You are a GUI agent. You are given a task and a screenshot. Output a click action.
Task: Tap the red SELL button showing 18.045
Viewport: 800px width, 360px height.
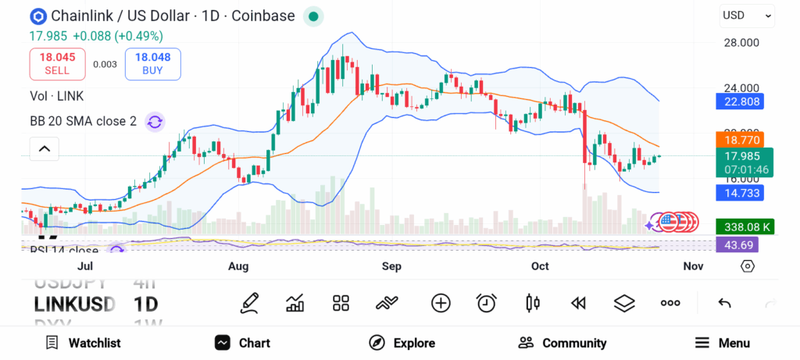pyautogui.click(x=57, y=63)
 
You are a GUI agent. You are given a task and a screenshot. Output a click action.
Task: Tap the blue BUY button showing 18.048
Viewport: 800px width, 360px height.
pyautogui.click(x=152, y=63)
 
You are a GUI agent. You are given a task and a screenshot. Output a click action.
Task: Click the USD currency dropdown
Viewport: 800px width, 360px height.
pyautogui.click(x=747, y=15)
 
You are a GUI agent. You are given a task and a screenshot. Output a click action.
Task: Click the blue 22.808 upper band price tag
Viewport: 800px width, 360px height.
pyautogui.click(x=739, y=101)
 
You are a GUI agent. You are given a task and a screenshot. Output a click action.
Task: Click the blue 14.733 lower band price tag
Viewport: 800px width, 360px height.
pyautogui.click(x=739, y=193)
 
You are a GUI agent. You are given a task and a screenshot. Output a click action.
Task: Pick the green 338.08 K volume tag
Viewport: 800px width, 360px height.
pyautogui.click(x=745, y=227)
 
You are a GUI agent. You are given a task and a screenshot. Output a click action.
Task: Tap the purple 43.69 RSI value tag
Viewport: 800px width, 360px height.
pyautogui.click(x=737, y=245)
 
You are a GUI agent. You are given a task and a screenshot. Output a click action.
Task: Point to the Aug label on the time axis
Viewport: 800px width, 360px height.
pyautogui.click(x=238, y=267)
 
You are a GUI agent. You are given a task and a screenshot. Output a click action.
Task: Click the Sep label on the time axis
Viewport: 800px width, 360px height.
pyautogui.click(x=391, y=267)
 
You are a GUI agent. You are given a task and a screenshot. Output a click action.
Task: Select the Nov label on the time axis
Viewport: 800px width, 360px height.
pyautogui.click(x=693, y=267)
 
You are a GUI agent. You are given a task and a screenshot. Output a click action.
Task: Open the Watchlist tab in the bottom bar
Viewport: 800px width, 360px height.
pyautogui.click(x=83, y=343)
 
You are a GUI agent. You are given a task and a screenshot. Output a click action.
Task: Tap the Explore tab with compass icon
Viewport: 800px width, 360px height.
pyautogui.click(x=402, y=343)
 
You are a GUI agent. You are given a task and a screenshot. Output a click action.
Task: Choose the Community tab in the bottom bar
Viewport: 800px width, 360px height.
pyautogui.click(x=562, y=343)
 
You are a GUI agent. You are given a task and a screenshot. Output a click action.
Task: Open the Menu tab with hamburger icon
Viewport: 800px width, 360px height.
pyautogui.click(x=723, y=343)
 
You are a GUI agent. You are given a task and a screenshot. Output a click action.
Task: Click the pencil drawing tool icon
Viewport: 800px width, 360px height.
pyautogui.click(x=249, y=303)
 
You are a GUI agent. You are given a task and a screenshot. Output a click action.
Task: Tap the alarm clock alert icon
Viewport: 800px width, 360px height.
pyautogui.click(x=487, y=303)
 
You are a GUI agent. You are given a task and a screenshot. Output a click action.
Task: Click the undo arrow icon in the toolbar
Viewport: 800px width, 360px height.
pyautogui.click(x=724, y=303)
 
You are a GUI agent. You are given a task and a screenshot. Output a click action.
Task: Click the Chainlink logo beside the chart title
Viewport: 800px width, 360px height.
pyautogui.click(x=37, y=16)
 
